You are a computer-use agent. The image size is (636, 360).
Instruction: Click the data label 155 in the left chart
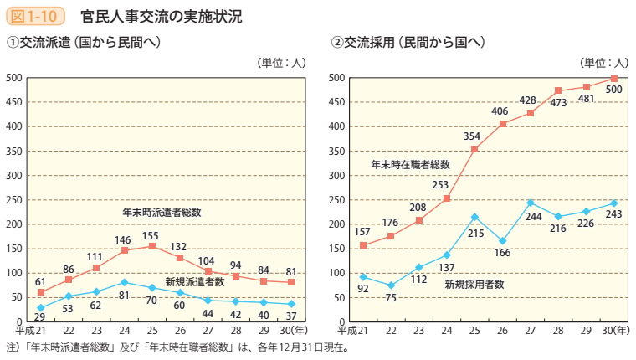pyautogui.click(x=151, y=235)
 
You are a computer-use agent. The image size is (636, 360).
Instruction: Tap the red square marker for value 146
pyautogui.click(x=124, y=250)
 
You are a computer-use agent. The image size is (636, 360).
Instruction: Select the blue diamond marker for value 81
pyautogui.click(x=124, y=282)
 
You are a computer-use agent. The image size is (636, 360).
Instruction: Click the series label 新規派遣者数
pyautogui.click(x=194, y=282)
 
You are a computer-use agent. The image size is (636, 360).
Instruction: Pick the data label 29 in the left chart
pyautogui.click(x=39, y=317)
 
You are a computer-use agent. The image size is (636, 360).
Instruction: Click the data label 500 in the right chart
pyautogui.click(x=613, y=90)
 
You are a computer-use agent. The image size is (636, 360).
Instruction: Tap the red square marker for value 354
pyautogui.click(x=474, y=149)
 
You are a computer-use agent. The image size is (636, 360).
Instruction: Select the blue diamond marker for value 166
pyautogui.click(x=502, y=241)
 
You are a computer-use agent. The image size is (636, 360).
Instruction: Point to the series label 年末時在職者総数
pyautogui.click(x=410, y=165)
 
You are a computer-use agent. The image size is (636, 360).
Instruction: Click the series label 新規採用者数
pyautogui.click(x=474, y=284)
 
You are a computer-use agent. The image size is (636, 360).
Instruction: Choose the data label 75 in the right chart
pyautogui.click(x=390, y=297)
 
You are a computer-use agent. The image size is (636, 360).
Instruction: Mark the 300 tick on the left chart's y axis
pyautogui.click(x=13, y=175)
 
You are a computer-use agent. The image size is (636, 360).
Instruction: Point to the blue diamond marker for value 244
pyautogui.click(x=531, y=203)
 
